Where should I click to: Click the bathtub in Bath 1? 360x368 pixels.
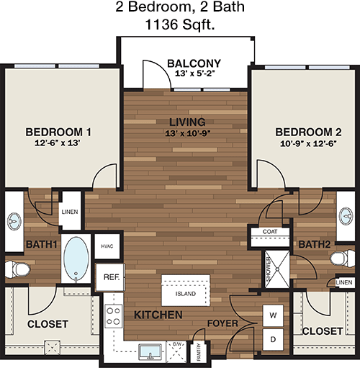(76, 259)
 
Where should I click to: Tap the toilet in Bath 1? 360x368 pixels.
(18, 269)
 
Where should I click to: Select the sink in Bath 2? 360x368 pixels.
(346, 216)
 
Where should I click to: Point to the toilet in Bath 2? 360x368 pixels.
(343, 259)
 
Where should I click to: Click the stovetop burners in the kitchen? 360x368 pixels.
(114, 316)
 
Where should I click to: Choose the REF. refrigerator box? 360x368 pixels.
(110, 277)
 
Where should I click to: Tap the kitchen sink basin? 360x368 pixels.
(150, 352)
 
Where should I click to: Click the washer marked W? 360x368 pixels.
(273, 315)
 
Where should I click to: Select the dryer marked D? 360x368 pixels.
(273, 339)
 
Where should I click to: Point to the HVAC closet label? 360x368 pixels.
(107, 246)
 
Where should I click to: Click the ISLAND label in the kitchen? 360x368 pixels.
(186, 294)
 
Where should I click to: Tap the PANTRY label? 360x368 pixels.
(199, 352)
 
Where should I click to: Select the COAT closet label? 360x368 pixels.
(270, 232)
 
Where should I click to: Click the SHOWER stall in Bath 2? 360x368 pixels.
(277, 269)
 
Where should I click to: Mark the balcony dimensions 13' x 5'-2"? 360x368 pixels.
(194, 73)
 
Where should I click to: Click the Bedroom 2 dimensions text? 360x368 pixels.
(308, 143)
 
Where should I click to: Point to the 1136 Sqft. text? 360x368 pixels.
(180, 24)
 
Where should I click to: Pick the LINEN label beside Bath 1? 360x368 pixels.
(70, 212)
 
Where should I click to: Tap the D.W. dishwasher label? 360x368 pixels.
(178, 344)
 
